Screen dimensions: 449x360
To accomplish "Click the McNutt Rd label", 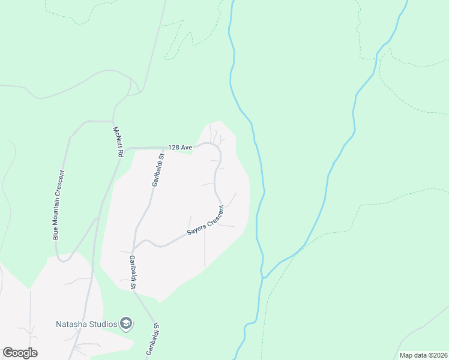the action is tap(118, 142).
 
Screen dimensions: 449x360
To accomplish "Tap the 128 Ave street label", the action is tap(180, 147).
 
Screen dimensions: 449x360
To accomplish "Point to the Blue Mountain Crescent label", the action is tap(59, 205).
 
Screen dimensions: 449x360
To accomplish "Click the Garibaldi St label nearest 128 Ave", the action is tap(157, 170).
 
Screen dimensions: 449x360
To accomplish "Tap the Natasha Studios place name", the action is tap(86, 325).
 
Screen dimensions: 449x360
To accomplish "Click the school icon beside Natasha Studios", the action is tap(126, 324).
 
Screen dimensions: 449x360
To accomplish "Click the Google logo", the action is tap(20, 353).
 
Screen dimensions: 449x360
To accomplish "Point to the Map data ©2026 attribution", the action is tap(423, 355).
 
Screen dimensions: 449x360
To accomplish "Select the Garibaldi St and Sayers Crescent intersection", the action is tap(133, 250).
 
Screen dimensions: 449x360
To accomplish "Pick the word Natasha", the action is tap(69, 325).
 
